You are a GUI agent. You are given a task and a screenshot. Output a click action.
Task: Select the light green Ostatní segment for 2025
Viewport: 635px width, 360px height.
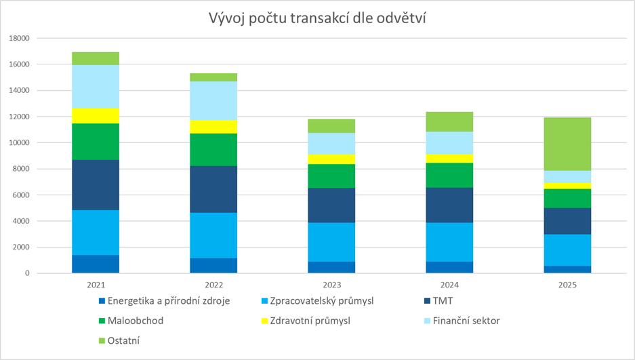pyautogui.click(x=567, y=144)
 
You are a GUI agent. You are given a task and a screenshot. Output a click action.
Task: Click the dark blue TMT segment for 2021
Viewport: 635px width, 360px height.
pyautogui.click(x=96, y=185)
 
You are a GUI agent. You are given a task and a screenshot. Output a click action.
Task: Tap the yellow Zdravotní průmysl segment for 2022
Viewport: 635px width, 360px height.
pyautogui.click(x=213, y=127)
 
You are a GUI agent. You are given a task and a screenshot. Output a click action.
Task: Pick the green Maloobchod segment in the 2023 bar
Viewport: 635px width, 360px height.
pyautogui.click(x=331, y=176)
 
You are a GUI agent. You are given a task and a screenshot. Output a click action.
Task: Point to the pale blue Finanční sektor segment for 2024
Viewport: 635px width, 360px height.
pyautogui.click(x=449, y=143)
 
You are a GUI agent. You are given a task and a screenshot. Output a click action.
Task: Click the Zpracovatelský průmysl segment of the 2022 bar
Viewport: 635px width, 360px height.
pyautogui.click(x=213, y=235)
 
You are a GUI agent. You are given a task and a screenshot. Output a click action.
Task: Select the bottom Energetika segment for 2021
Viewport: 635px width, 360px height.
pyautogui.click(x=96, y=264)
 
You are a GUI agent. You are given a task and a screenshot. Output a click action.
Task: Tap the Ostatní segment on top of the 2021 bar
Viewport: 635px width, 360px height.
pyautogui.click(x=96, y=58)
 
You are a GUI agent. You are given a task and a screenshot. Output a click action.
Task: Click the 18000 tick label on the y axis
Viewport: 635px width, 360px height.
pyautogui.click(x=20, y=39)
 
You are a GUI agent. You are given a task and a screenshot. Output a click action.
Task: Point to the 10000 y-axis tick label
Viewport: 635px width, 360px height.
pyautogui.click(x=20, y=143)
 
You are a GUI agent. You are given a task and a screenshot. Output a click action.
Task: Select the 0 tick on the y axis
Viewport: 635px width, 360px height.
pyautogui.click(x=28, y=273)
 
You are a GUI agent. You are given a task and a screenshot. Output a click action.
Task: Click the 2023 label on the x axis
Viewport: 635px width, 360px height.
pyautogui.click(x=331, y=285)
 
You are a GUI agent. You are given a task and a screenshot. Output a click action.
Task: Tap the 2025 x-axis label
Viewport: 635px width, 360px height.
pyautogui.click(x=567, y=285)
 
